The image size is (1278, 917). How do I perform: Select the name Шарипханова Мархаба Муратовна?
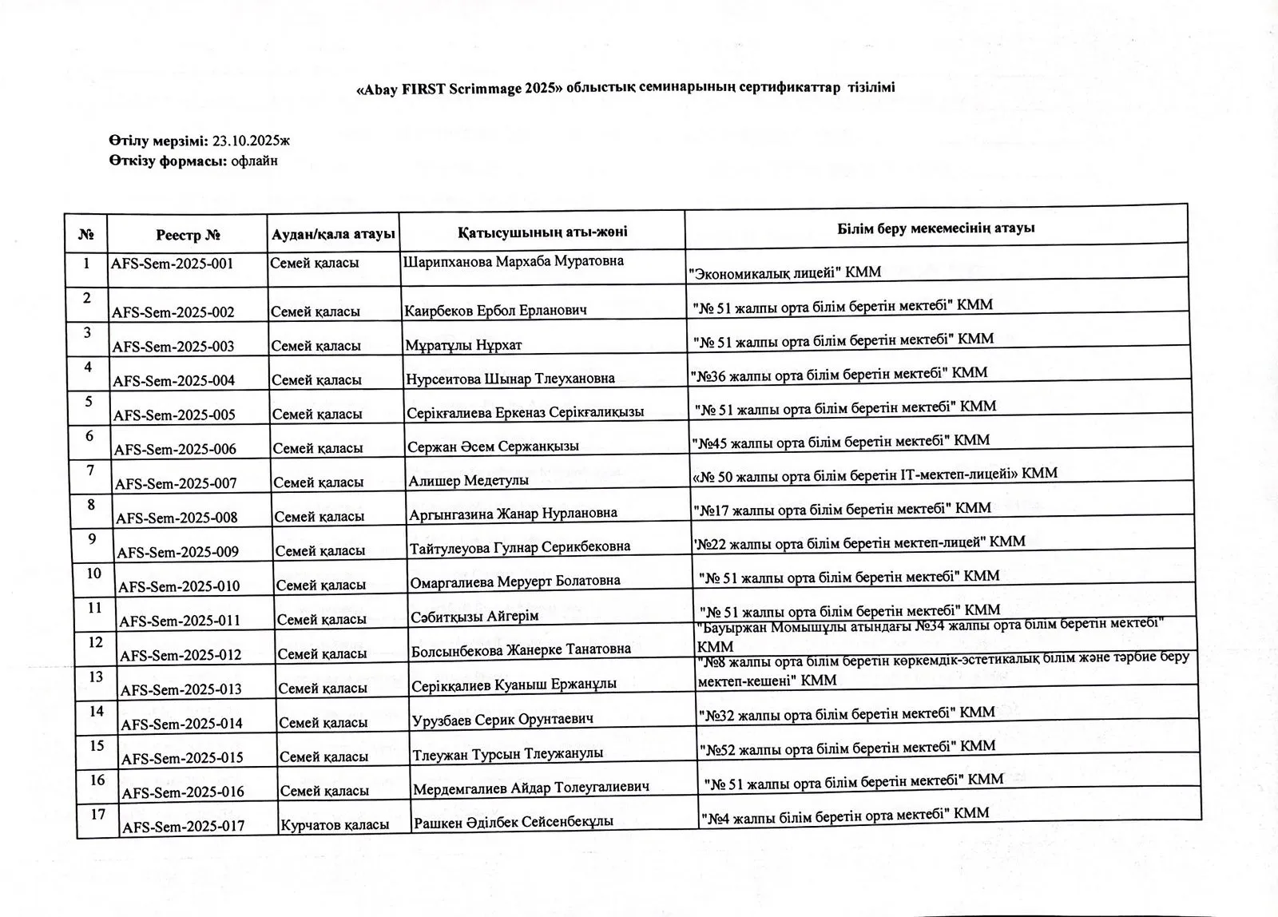pyautogui.click(x=513, y=261)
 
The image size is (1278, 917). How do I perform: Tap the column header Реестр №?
pyautogui.click(x=188, y=235)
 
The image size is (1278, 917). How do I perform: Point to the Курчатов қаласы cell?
pyautogui.click(x=335, y=824)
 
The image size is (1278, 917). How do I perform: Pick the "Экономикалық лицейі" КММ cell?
pyautogui.click(x=785, y=272)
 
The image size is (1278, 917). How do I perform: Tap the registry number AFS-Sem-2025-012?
pyautogui.click(x=181, y=655)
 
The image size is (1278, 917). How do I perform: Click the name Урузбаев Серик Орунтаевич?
pyautogui.click(x=502, y=719)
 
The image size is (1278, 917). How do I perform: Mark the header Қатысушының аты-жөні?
pyautogui.click(x=542, y=232)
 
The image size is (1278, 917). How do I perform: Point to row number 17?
pyautogui.click(x=98, y=814)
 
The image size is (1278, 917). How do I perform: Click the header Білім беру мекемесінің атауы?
pyautogui.click(x=936, y=228)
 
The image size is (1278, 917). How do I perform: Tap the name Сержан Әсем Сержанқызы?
pyautogui.click(x=493, y=447)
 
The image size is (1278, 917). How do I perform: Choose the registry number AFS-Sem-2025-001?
pyautogui.click(x=172, y=263)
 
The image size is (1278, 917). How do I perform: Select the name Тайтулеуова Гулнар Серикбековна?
pyautogui.click(x=519, y=547)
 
